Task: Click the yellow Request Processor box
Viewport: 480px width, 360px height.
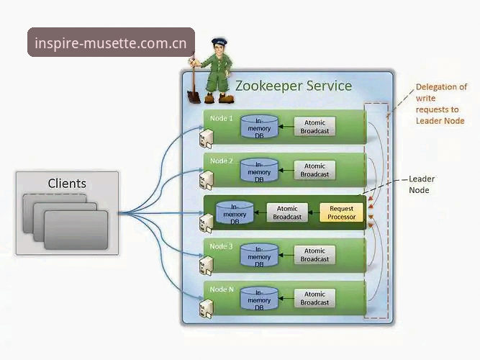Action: pyautogui.click(x=341, y=212)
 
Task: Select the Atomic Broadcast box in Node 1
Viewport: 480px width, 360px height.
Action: pyautogui.click(x=314, y=127)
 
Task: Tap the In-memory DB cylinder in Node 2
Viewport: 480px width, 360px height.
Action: pyautogui.click(x=259, y=171)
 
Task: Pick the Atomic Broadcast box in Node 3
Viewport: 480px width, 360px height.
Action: pyautogui.click(x=314, y=255)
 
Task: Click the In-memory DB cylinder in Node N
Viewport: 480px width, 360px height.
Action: pyautogui.click(x=259, y=299)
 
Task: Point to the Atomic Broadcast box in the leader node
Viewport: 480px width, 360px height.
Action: pyautogui.click(x=287, y=212)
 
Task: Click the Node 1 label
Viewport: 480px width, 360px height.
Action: pyautogui.click(x=222, y=118)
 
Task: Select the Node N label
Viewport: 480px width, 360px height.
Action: pyautogui.click(x=222, y=289)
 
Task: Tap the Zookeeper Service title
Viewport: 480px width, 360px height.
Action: pyautogui.click(x=294, y=86)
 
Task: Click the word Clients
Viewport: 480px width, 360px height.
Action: pyautogui.click(x=67, y=184)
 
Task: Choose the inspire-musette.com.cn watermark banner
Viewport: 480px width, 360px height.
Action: pyautogui.click(x=111, y=42)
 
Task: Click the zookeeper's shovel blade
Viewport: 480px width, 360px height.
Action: pyautogui.click(x=194, y=96)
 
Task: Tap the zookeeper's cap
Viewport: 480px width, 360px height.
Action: pyautogui.click(x=219, y=41)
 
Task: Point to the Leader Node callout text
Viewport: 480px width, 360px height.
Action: pyautogui.click(x=422, y=184)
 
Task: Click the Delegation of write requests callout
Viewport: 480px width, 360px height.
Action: pyautogui.click(x=441, y=104)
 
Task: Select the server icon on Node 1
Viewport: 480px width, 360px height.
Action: pyautogui.click(x=206, y=139)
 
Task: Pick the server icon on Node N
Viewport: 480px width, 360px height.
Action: pyautogui.click(x=206, y=309)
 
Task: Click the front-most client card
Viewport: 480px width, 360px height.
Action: pyautogui.click(x=76, y=230)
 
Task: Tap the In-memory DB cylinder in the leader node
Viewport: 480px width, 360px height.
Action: pyautogui.click(x=235, y=212)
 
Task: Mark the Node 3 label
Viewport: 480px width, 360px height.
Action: pyautogui.click(x=222, y=246)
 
